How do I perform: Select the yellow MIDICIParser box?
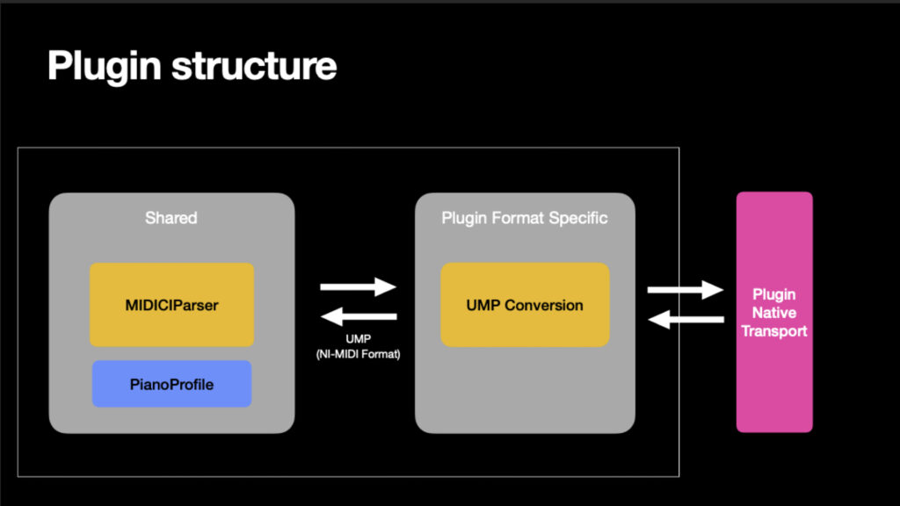(171, 305)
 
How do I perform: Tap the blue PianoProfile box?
(171, 384)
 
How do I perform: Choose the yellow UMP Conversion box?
(525, 305)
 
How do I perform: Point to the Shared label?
(171, 218)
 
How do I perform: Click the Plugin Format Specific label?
(525, 218)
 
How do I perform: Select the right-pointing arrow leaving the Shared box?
(359, 286)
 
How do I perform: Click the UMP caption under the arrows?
(359, 338)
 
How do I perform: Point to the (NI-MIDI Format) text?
(359, 353)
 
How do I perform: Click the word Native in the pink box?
(773, 312)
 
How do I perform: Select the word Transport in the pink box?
(773, 331)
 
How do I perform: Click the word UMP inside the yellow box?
(483, 306)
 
